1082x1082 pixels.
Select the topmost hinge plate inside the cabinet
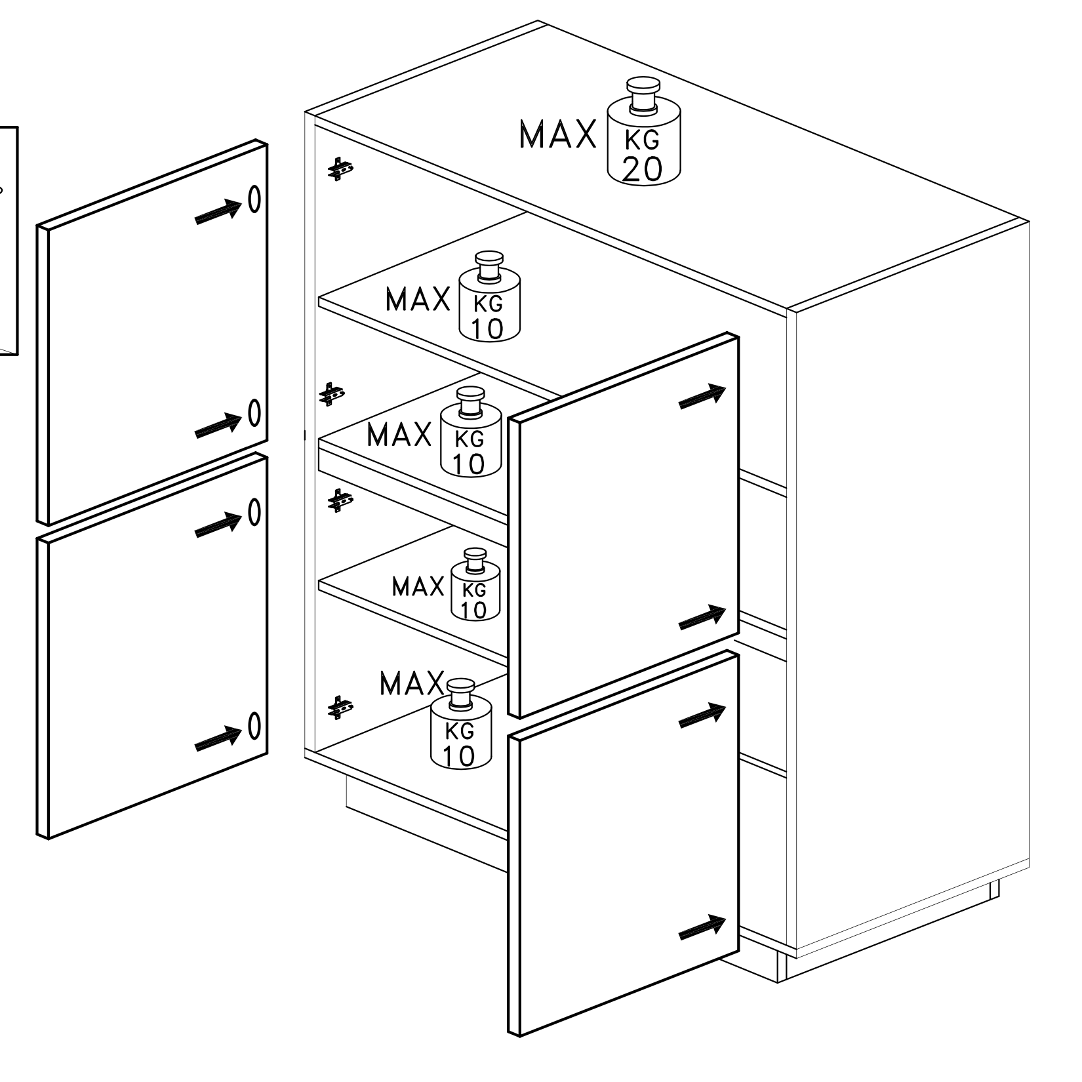click(340, 169)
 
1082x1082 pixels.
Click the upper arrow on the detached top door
click(220, 210)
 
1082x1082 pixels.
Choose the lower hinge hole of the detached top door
click(254, 414)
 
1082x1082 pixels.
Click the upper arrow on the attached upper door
click(702, 396)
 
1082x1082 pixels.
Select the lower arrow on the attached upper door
click(702, 617)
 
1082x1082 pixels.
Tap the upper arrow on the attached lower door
click(702, 715)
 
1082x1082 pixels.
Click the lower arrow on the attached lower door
click(702, 927)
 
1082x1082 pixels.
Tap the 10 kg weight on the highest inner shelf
click(489, 296)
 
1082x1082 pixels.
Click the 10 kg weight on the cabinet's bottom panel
click(461, 725)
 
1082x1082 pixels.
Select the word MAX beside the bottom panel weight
click(412, 684)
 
